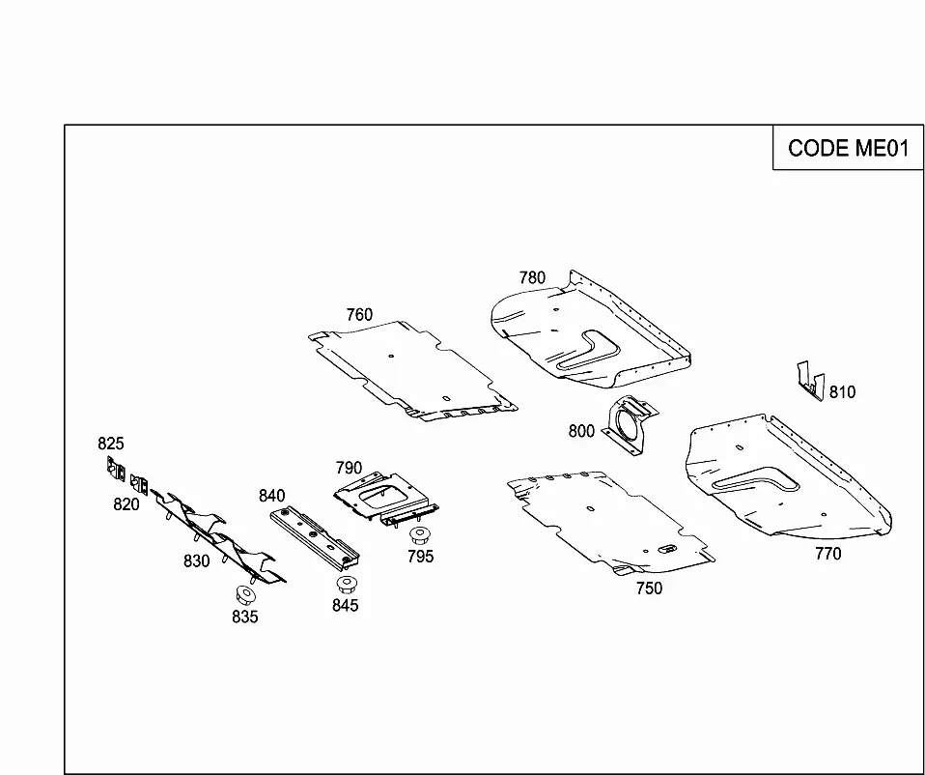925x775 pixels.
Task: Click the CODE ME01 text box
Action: (848, 148)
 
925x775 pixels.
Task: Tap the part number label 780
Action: (532, 277)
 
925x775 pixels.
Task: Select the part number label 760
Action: (359, 315)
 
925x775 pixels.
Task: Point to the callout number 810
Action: (842, 392)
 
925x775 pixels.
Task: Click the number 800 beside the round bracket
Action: (581, 432)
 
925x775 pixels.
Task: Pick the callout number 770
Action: (828, 554)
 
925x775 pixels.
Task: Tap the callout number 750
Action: (649, 588)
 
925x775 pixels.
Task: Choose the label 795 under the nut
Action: (421, 557)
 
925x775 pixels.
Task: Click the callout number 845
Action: (345, 606)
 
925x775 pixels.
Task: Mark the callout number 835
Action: (245, 617)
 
